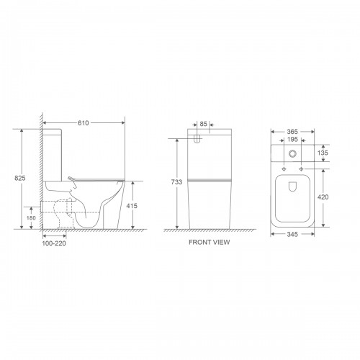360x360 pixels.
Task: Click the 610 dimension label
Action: click(x=83, y=123)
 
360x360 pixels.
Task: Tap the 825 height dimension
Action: click(x=20, y=178)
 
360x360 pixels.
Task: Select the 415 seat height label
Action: click(x=132, y=206)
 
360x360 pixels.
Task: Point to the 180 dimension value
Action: click(x=31, y=218)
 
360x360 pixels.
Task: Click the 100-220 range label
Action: click(x=54, y=243)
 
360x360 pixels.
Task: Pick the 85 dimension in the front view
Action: click(x=203, y=124)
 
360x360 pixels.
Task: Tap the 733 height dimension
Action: click(x=176, y=182)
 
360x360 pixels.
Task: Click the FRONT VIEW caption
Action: click(x=210, y=242)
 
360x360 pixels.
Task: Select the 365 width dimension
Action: click(x=292, y=132)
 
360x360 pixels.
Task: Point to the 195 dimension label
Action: click(x=292, y=139)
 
